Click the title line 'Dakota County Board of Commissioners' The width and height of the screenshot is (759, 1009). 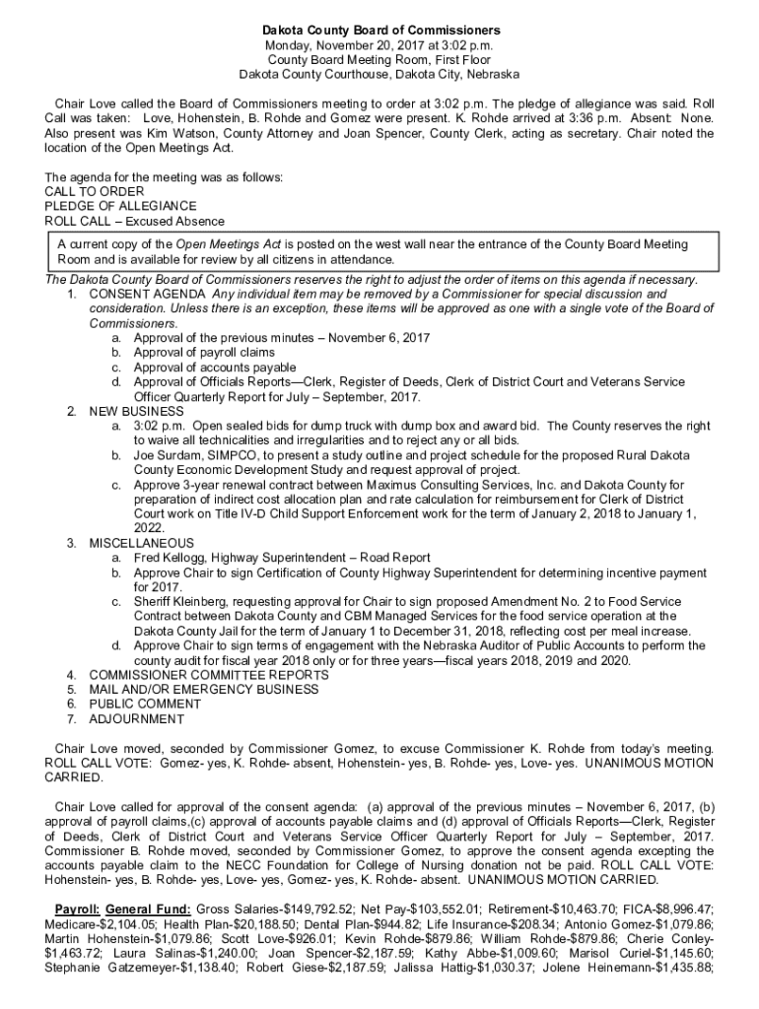coord(379,32)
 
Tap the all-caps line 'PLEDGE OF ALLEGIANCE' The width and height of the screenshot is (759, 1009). coord(113,206)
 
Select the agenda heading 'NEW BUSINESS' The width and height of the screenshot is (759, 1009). coord(136,411)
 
